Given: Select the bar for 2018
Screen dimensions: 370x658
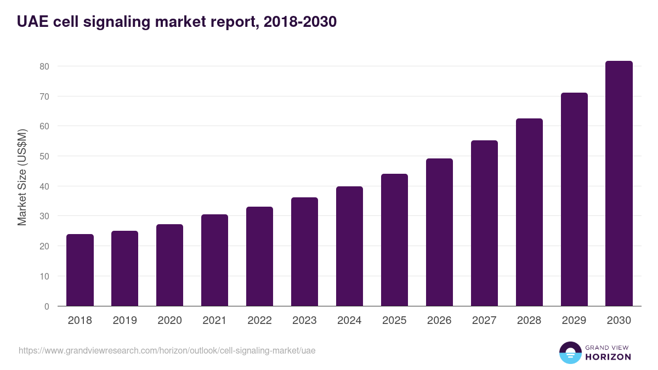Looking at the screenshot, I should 80,270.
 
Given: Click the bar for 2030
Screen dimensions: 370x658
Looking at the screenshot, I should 619,184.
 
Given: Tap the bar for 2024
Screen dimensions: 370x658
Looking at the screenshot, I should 349,246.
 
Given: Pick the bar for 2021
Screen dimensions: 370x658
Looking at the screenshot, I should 214,260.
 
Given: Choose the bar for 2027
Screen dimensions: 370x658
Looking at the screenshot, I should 484,223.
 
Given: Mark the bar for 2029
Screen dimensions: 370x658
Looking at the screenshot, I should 574,200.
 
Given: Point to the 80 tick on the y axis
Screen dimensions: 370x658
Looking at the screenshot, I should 44,66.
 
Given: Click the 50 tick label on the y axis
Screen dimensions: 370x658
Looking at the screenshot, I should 44,156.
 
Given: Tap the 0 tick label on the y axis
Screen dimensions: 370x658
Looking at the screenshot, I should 47,306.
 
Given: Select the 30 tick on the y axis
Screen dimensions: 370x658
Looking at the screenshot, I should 44,217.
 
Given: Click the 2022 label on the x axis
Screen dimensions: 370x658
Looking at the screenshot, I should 259,321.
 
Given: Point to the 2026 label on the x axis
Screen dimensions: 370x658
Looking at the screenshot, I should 439,321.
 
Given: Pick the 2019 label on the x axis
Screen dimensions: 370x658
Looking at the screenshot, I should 124,321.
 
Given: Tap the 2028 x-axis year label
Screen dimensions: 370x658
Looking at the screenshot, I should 529,321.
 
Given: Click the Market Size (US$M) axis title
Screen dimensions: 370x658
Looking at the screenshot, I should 22,177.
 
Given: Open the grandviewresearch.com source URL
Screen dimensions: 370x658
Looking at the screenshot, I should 167,350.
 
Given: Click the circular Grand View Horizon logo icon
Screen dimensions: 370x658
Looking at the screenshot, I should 570,352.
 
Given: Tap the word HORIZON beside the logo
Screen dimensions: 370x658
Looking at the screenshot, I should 608,357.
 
